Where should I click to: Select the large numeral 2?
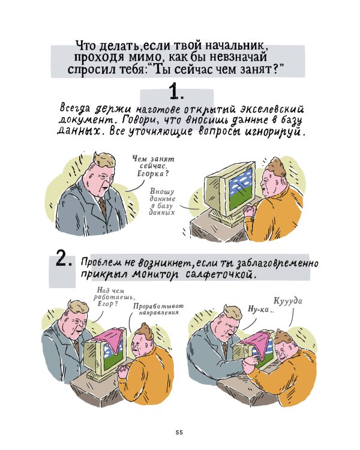coord(64,259)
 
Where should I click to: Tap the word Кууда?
coord(289,301)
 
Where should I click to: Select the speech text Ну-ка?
coord(260,309)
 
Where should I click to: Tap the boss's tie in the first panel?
coord(103,206)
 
